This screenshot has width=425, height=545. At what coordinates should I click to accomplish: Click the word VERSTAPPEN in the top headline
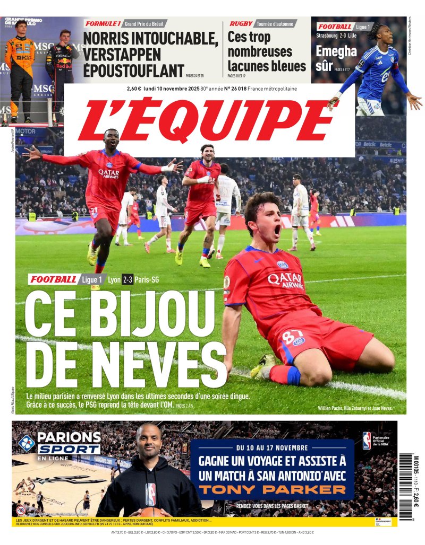(x=122, y=54)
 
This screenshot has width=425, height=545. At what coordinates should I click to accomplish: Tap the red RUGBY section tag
(x=241, y=24)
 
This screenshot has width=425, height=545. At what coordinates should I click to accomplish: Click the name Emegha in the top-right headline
(x=336, y=51)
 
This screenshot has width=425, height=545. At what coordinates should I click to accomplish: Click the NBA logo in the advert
(x=367, y=441)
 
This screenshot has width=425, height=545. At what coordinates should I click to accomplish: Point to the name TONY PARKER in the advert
(x=272, y=489)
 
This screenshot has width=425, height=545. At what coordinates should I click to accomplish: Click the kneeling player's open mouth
(x=277, y=230)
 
